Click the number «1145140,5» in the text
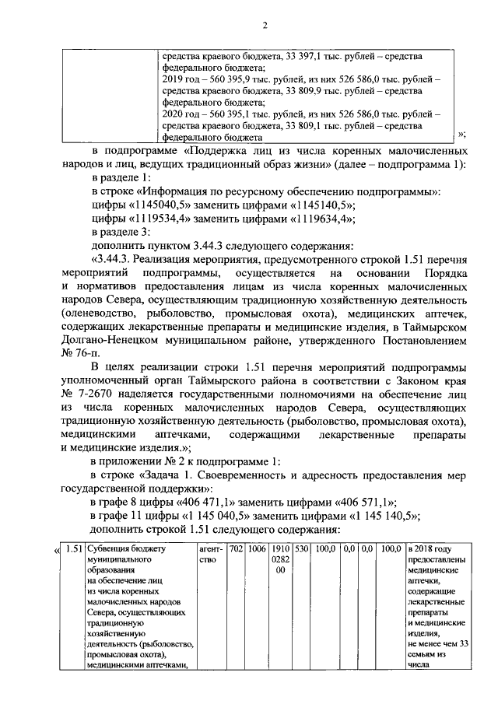(313, 205)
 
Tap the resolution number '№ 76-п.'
(79, 356)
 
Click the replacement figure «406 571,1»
(360, 502)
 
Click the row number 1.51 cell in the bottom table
(74, 548)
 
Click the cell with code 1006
(258, 548)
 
